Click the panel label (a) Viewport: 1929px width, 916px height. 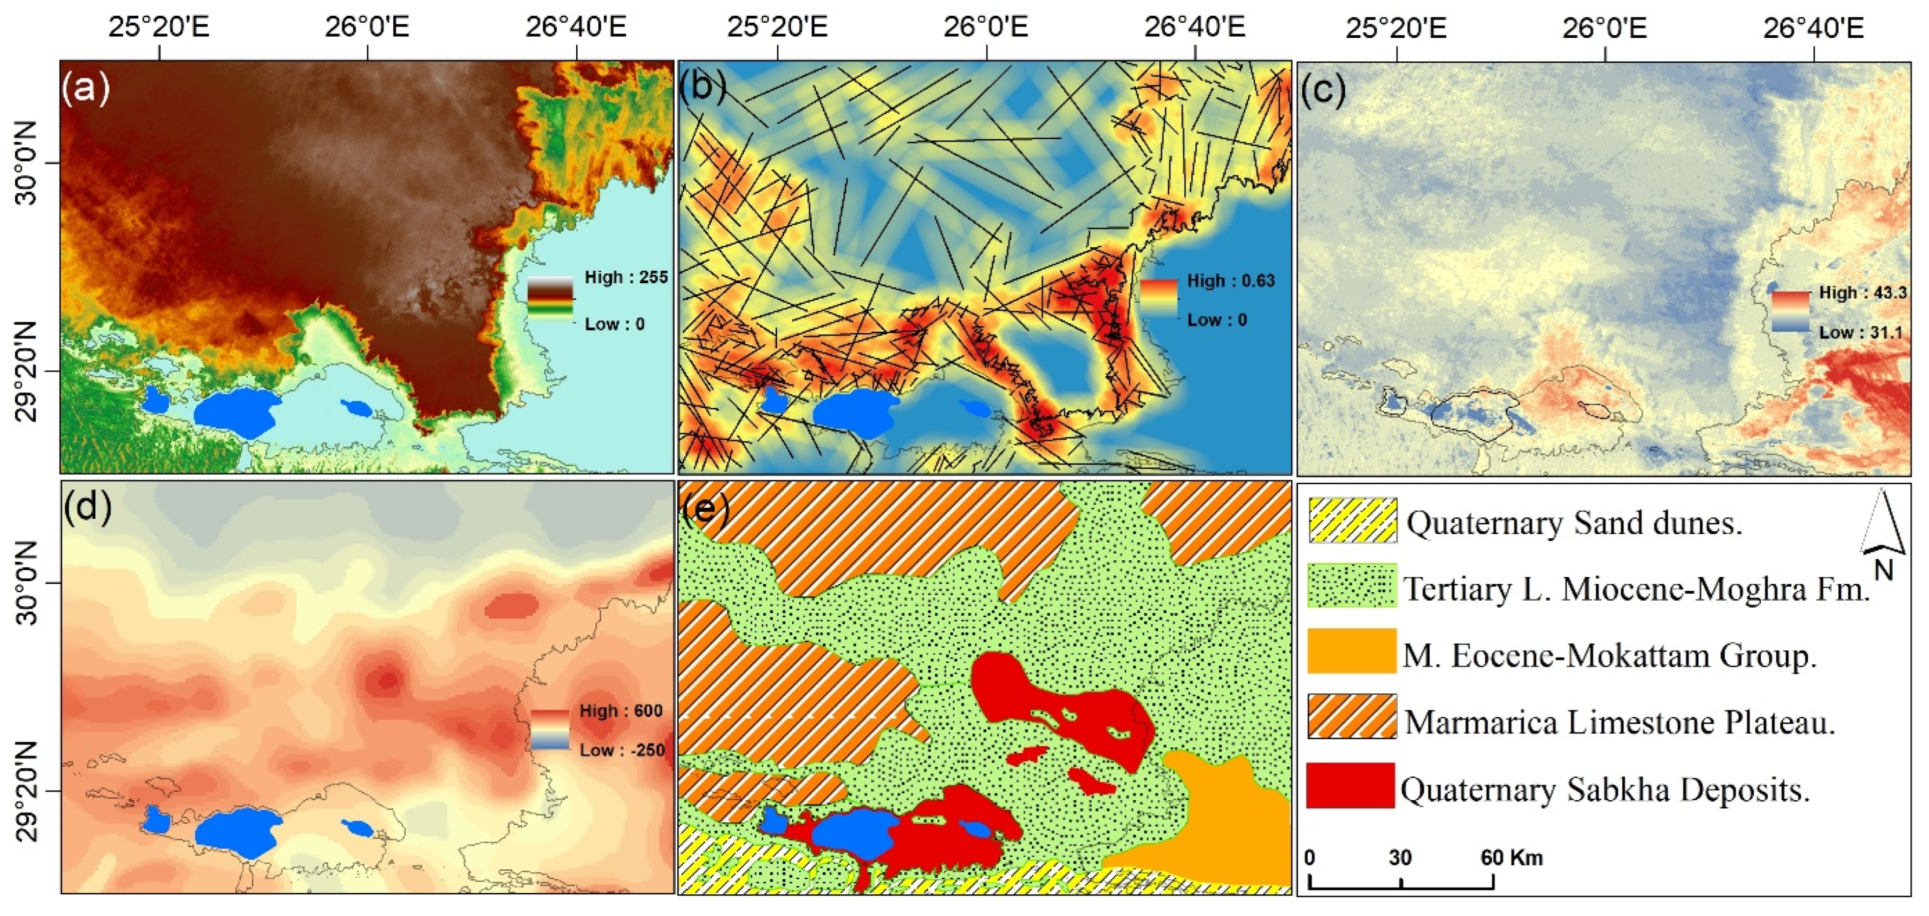click(x=86, y=88)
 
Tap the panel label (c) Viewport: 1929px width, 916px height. click(x=1323, y=90)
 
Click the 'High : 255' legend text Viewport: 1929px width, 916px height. click(x=626, y=277)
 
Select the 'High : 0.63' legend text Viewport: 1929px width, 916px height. click(x=1231, y=281)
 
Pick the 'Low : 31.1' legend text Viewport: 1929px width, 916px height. click(x=1861, y=332)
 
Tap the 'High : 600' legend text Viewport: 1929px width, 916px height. click(x=621, y=710)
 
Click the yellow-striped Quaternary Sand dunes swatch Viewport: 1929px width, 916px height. click(x=1352, y=520)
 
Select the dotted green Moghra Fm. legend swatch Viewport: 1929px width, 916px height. click(x=1352, y=586)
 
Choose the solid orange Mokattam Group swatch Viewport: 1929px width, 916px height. click(x=1352, y=651)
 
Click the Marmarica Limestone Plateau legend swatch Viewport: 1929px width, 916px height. click(x=1352, y=717)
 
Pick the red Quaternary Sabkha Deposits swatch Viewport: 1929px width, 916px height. click(x=1351, y=785)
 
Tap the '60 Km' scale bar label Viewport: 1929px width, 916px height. click(x=1511, y=858)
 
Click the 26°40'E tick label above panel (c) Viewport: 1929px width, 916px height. click(x=1813, y=28)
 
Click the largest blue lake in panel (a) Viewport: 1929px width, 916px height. click(x=237, y=412)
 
